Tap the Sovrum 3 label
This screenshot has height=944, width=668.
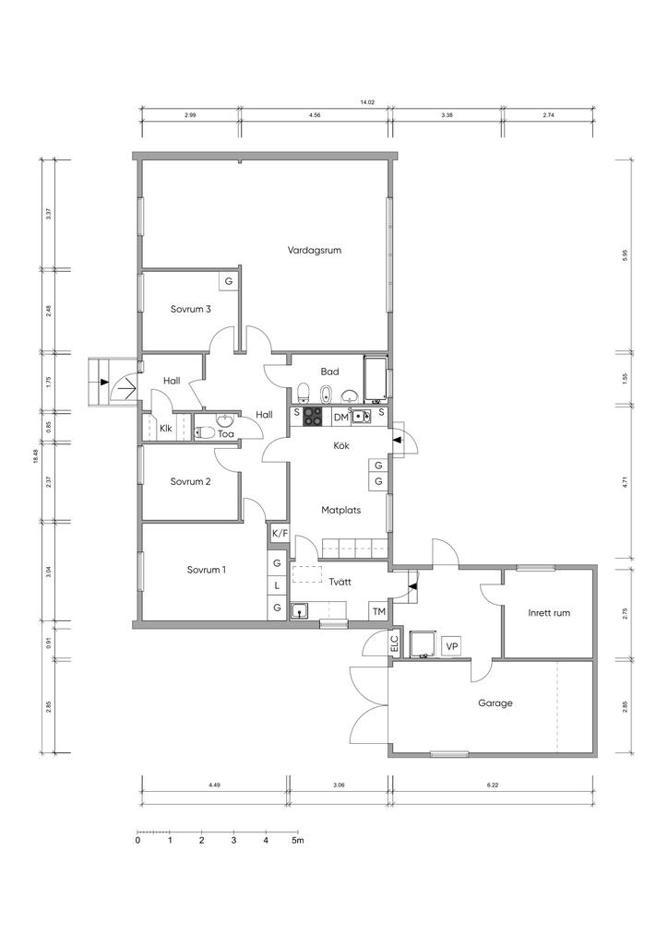(190, 309)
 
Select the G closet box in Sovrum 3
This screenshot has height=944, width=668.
(228, 281)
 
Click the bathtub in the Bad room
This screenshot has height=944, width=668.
(376, 379)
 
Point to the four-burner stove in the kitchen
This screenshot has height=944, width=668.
(313, 416)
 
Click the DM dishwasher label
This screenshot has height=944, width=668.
(341, 418)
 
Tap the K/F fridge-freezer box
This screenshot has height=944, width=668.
(279, 533)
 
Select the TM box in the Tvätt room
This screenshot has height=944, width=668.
(378, 612)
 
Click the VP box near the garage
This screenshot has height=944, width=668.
(450, 646)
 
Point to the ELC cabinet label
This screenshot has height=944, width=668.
(395, 643)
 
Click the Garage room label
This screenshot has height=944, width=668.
(495, 702)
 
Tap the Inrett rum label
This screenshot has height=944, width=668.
(549, 613)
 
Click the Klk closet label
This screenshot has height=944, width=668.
(166, 429)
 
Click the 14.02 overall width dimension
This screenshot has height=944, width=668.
(367, 103)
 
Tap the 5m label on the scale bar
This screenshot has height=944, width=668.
(298, 840)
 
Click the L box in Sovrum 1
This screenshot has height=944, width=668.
(277, 585)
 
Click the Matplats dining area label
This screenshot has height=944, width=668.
(341, 510)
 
